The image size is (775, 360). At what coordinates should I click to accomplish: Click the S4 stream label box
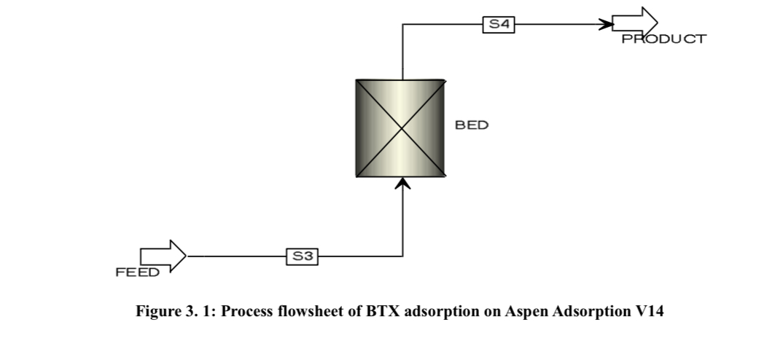[x=499, y=24]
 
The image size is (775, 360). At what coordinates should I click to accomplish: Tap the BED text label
[x=472, y=125]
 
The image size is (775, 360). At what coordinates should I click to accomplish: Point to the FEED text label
[x=137, y=273]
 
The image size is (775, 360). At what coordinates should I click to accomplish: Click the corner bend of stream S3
[x=403, y=257]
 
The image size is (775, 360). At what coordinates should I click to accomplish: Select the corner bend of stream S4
[x=403, y=24]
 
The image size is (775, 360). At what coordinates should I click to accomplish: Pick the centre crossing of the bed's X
[x=401, y=128]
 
